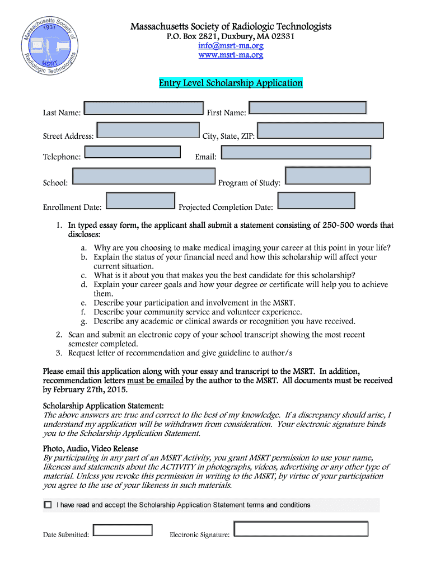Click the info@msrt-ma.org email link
231,45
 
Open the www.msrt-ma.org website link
231,55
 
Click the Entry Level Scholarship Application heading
231,83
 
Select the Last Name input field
143,109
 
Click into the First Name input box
307,108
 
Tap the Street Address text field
148,130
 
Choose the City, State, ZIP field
320,131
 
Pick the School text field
144,176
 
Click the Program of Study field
328,176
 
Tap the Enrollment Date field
140,201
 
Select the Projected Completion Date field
316,201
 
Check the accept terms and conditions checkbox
48,505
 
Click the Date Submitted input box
123,530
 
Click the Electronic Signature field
301,529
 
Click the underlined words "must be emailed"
155,381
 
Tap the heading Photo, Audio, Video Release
91,449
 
